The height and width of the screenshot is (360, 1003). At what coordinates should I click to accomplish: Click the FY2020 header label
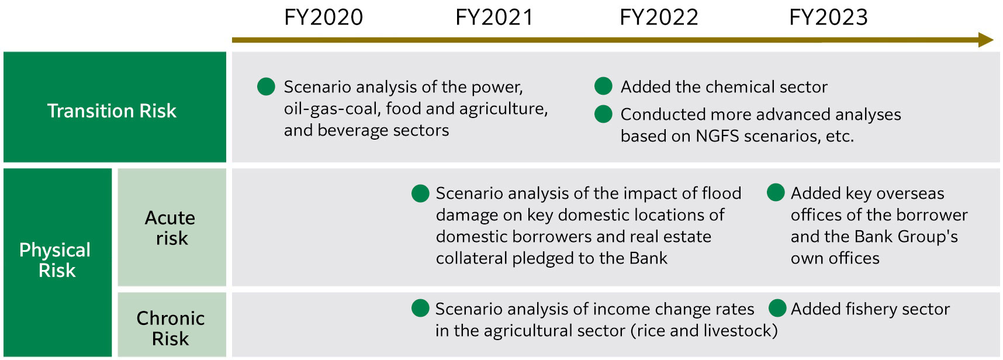pos(323,18)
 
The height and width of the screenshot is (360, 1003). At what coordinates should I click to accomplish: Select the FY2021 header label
pos(494,18)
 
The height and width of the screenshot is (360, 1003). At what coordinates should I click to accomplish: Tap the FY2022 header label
pos(659,18)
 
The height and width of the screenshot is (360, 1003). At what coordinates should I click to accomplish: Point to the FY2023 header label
pos(828,18)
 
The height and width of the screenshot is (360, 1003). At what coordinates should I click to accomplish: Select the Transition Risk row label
pos(112,111)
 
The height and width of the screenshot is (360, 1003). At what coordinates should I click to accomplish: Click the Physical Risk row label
pos(56,260)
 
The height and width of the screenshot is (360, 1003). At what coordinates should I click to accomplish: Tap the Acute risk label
pos(171,228)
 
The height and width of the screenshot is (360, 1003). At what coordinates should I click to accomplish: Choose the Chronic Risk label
pos(171,328)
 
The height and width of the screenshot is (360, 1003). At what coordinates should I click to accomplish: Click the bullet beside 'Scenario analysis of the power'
pos(266,86)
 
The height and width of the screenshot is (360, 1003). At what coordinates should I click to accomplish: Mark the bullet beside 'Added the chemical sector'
pos(603,86)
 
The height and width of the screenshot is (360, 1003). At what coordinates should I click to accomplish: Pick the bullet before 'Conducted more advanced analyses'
pos(603,114)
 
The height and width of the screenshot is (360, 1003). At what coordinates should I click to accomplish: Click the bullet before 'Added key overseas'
pos(776,192)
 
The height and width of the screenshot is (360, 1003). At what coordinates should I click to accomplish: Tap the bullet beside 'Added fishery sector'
pos(777,308)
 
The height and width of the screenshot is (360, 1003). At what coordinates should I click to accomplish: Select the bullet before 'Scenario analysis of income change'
pos(420,308)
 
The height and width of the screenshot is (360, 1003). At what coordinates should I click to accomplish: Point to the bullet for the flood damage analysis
pos(420,193)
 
